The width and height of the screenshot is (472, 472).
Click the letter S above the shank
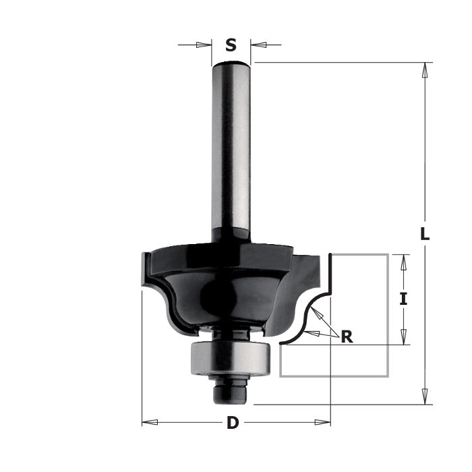(231, 45)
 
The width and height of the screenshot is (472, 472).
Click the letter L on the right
(425, 233)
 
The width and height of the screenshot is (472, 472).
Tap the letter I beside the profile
(403, 299)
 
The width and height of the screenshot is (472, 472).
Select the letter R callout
(347, 336)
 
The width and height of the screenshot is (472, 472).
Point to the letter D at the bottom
(233, 423)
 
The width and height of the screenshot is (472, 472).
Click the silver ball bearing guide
(231, 358)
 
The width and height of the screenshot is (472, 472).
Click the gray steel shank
(231, 150)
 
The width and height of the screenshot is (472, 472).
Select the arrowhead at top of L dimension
(425, 71)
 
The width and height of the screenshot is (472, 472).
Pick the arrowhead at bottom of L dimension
(425, 396)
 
